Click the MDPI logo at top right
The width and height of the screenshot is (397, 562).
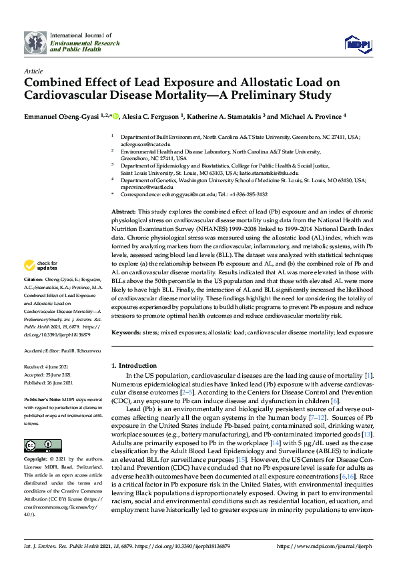[x=357, y=44]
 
